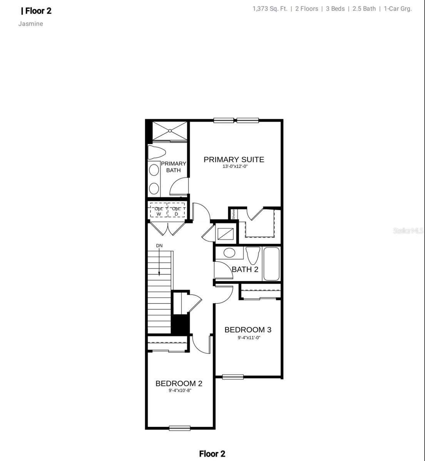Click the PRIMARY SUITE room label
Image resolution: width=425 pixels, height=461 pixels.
click(x=234, y=159)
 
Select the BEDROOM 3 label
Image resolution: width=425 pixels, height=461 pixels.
click(x=248, y=330)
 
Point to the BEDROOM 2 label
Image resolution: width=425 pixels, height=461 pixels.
click(x=179, y=383)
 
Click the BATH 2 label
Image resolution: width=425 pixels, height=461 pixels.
click(x=245, y=269)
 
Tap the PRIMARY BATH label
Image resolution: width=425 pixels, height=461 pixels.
click(x=173, y=167)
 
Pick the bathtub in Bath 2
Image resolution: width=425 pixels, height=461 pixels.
click(x=271, y=264)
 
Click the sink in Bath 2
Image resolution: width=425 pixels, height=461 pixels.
click(x=229, y=253)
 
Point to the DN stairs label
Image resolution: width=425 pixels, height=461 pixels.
click(x=159, y=245)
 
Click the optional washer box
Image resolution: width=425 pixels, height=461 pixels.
click(x=159, y=211)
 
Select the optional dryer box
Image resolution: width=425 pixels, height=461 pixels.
click(x=176, y=211)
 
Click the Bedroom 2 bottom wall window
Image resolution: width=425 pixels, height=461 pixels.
click(x=179, y=428)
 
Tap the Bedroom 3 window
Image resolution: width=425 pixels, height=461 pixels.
click(x=233, y=376)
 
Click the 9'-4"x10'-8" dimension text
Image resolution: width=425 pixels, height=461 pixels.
click(x=180, y=390)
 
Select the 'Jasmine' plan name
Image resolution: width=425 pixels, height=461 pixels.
click(x=31, y=24)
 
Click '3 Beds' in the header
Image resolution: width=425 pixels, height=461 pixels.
click(x=335, y=9)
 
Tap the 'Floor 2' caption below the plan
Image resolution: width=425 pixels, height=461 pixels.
click(x=212, y=454)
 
